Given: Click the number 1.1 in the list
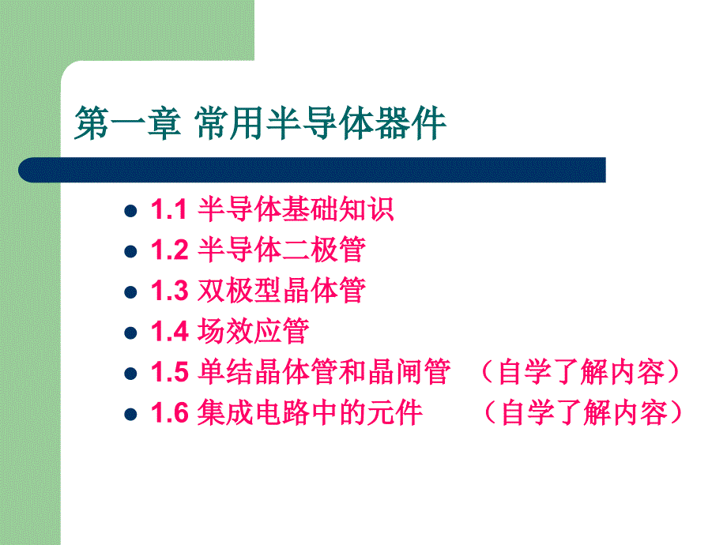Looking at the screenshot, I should click(x=168, y=209).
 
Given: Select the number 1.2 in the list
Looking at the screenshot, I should click(x=168, y=250).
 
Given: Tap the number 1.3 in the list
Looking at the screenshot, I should click(x=168, y=291).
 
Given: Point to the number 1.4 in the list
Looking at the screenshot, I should click(x=168, y=331).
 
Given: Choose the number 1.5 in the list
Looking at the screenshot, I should click(x=168, y=372).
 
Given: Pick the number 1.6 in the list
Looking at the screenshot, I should click(x=168, y=413).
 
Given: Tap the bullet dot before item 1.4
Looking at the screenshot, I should click(x=131, y=332).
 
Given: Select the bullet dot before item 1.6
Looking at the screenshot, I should click(x=131, y=414).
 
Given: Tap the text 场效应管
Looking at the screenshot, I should click(x=252, y=331).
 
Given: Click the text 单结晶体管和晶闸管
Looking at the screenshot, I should click(x=323, y=372).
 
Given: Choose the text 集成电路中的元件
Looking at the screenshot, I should click(x=309, y=413).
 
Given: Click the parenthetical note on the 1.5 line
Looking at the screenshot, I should click(x=580, y=372).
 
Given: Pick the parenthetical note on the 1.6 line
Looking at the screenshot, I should click(x=580, y=413).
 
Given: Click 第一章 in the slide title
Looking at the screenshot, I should click(x=126, y=125).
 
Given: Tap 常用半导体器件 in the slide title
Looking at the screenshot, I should click(x=321, y=125).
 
